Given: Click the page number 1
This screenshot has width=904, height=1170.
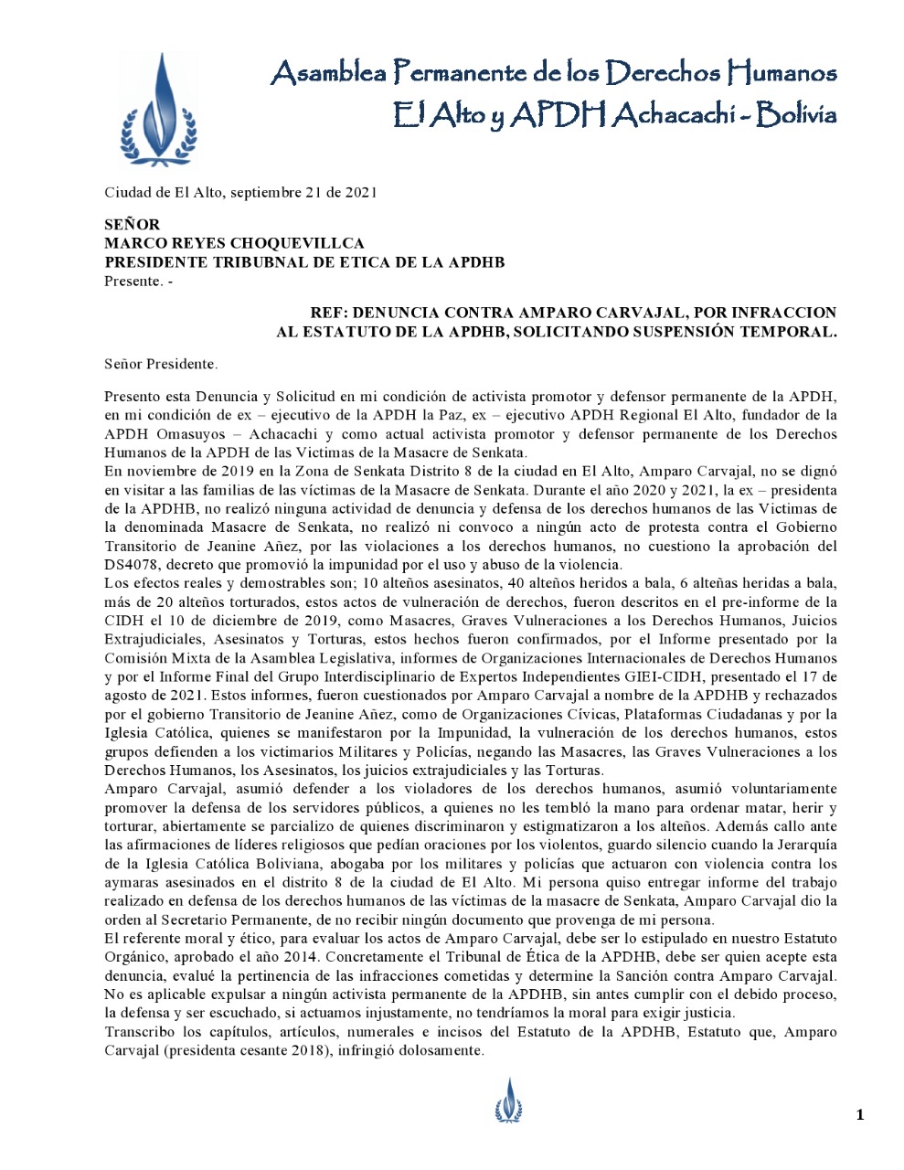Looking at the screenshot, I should pyautogui.click(x=859, y=1113).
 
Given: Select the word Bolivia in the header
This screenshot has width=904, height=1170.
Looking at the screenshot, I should pyautogui.click(x=795, y=114).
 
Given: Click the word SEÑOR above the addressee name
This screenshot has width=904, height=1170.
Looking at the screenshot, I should pyautogui.click(x=132, y=224).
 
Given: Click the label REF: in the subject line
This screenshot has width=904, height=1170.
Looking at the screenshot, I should pyautogui.click(x=329, y=313).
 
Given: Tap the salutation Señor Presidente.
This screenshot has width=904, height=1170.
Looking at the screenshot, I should pyautogui.click(x=161, y=364).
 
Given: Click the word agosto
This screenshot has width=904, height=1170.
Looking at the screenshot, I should pyautogui.click(x=125, y=696).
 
